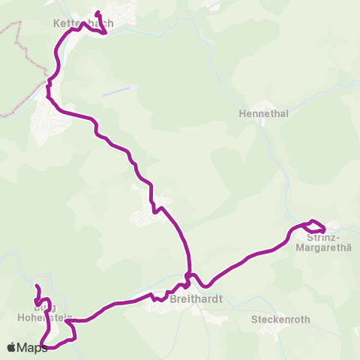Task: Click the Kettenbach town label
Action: [x=83, y=23]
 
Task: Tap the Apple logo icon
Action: [x=11, y=347]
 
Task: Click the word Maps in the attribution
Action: [x=32, y=347]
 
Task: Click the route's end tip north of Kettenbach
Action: [x=97, y=13]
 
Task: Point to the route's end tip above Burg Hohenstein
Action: [x=36, y=286]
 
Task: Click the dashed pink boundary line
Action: [x=18, y=60]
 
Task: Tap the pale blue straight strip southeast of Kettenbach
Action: [x=118, y=91]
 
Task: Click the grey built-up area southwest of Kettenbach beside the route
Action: [x=46, y=120]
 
